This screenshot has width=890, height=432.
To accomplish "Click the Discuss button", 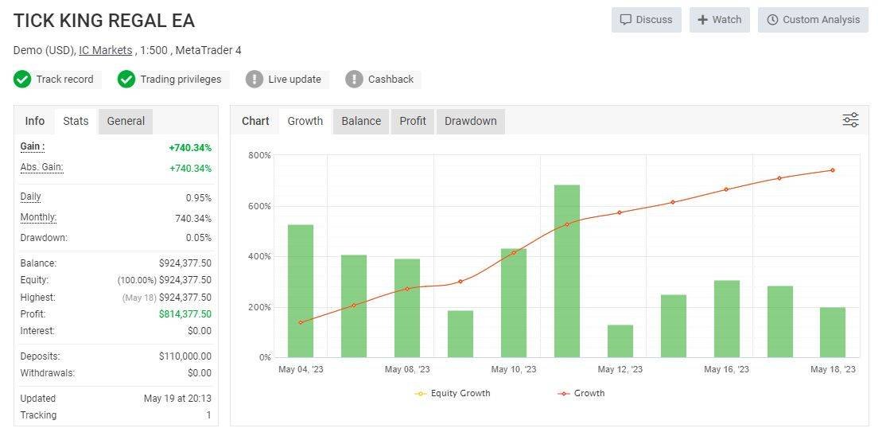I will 646,20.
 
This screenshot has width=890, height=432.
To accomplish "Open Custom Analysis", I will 813,20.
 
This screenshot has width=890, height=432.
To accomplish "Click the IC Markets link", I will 106,50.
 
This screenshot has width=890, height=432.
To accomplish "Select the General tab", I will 126,121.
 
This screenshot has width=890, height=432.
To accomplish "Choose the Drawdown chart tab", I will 470,121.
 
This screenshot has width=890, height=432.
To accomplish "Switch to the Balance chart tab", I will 361,121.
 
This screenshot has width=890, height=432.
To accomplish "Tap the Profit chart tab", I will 413,121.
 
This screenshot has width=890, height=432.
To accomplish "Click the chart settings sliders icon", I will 850,120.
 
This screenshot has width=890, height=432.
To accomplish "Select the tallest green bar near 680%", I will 567,270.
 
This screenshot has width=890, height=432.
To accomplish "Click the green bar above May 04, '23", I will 301,290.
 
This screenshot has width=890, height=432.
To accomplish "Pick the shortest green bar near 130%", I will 620,341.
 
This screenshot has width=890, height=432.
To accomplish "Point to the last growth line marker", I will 833,170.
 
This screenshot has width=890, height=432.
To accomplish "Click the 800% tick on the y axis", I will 259,155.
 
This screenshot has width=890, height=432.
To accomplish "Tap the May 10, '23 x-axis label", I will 514,369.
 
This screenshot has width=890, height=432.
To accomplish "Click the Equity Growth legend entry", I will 453,393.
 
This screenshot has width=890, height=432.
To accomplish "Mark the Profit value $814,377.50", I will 185,314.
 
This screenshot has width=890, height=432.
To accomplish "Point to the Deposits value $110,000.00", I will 185,356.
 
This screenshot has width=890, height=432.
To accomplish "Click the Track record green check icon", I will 22,80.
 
